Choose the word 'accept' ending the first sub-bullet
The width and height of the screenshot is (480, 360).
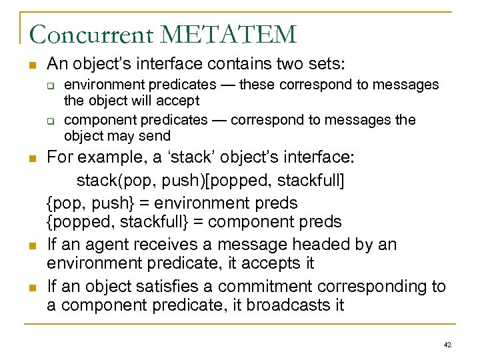pyautogui.click(x=179, y=101)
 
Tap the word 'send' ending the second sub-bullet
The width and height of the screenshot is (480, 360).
pyautogui.click(x=157, y=137)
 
